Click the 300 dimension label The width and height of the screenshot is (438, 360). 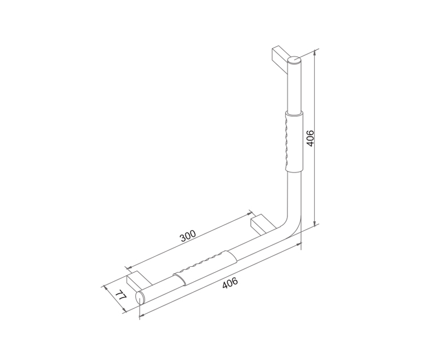[188, 236]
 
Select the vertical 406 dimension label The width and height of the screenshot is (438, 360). [310, 138]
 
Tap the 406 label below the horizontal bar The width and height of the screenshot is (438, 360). [230, 283]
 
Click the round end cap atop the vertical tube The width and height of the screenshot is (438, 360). [295, 60]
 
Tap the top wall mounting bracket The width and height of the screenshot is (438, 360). [280, 59]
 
